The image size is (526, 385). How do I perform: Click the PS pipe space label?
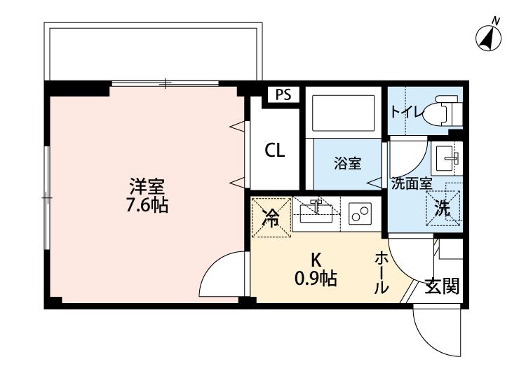(x=284, y=94)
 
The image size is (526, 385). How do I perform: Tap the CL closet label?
(x=275, y=150)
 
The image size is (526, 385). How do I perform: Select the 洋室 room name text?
(x=147, y=187)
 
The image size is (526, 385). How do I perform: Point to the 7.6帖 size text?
(x=147, y=205)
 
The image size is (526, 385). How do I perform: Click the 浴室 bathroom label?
(x=348, y=163)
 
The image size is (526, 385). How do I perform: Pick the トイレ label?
(x=407, y=111)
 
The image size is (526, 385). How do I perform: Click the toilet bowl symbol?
(x=440, y=111)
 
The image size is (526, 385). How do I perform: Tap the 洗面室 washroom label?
(x=412, y=183)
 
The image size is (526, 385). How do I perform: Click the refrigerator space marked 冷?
(x=271, y=218)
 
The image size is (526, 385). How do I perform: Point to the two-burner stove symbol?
(x=360, y=213)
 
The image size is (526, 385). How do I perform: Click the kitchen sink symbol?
(x=316, y=212)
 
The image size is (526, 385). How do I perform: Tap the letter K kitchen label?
(x=316, y=259)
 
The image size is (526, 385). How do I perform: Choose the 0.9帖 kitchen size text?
(x=316, y=278)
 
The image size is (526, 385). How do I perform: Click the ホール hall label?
(x=382, y=274)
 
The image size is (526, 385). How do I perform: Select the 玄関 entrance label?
(x=442, y=286)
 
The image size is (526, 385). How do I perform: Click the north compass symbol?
(x=488, y=38)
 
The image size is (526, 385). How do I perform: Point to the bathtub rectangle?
(x=343, y=113)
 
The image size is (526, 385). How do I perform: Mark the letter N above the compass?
(x=496, y=21)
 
